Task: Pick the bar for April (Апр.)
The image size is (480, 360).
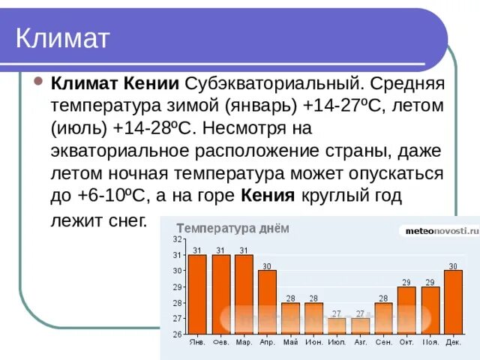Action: pyautogui.click(x=267, y=301)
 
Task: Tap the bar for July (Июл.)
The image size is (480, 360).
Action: pyautogui.click(x=337, y=325)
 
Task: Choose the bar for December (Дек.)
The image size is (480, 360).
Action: pyautogui.click(x=453, y=301)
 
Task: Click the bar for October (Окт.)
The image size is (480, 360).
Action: pyautogui.click(x=406, y=310)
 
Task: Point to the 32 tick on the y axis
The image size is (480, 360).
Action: pyautogui.click(x=177, y=239)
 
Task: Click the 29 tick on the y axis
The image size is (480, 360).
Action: pyautogui.click(x=177, y=287)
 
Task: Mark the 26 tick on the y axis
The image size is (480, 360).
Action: pyautogui.click(x=177, y=334)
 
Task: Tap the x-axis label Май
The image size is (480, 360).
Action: pyautogui.click(x=290, y=343)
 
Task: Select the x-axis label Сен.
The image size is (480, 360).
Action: pyautogui.click(x=383, y=343)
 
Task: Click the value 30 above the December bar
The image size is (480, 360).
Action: pyautogui.click(x=453, y=265)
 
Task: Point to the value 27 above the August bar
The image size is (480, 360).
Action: pyautogui.click(x=360, y=313)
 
